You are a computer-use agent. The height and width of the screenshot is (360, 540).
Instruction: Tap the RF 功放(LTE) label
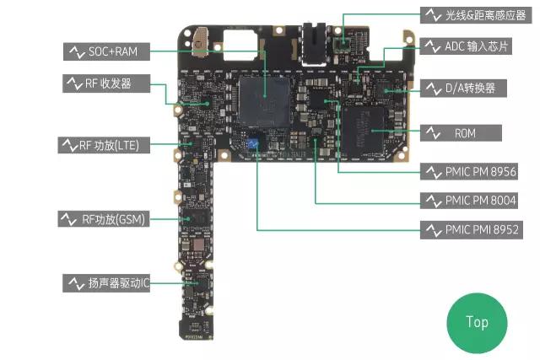click(x=103, y=145)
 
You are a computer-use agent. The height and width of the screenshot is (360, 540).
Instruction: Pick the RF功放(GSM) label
click(x=103, y=219)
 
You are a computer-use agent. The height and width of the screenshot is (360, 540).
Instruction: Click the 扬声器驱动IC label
click(x=107, y=283)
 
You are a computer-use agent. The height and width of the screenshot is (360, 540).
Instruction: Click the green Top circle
click(x=477, y=322)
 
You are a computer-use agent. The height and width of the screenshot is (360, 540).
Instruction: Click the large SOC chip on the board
click(x=264, y=103)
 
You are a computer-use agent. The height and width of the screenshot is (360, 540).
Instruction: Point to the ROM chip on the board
click(x=367, y=128)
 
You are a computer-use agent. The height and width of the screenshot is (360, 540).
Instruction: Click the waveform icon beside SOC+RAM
click(x=75, y=52)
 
